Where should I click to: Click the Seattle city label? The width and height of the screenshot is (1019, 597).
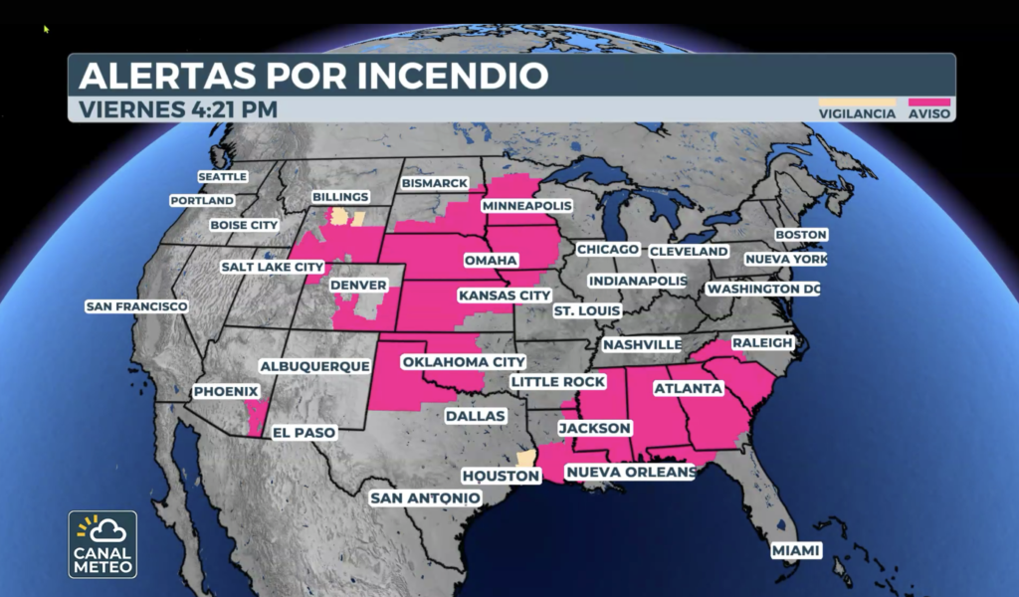point(222,176)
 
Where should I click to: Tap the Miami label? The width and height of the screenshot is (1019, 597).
point(797,550)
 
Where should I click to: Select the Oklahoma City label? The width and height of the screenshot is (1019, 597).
point(462,361)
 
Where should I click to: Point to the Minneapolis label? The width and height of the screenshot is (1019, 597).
point(526,206)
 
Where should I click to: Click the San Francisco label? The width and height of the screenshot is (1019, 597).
point(136,306)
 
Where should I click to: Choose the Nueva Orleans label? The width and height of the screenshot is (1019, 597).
point(630,472)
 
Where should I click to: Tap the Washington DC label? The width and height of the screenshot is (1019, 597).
point(763,289)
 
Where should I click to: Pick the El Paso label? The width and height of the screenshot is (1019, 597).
point(303,433)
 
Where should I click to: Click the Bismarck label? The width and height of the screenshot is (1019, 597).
point(434,184)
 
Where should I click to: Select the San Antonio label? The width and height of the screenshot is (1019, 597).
point(425,497)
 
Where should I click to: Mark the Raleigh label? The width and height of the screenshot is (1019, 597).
point(762,343)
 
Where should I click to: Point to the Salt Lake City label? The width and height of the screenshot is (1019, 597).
point(272,267)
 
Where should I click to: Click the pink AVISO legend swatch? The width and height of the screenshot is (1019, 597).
point(929,101)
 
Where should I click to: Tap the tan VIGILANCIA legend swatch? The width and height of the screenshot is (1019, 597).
point(843,101)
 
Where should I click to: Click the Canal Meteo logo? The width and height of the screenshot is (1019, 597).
point(102,544)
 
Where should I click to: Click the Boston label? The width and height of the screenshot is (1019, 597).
point(800,235)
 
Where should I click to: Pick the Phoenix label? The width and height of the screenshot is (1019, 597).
point(225,392)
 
